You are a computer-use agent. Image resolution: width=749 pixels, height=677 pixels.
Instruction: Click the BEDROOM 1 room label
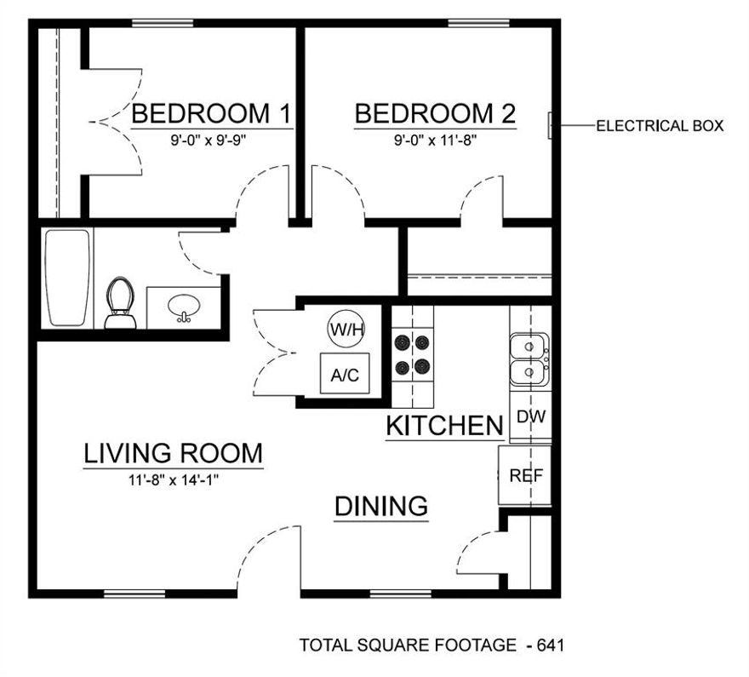click(x=212, y=113)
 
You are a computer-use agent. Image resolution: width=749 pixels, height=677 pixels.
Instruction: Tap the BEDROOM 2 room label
click(x=435, y=113)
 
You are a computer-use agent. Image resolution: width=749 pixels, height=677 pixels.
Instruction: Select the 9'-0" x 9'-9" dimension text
click(x=209, y=137)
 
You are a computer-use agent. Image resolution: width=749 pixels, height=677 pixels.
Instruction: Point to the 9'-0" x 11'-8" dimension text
click(x=435, y=137)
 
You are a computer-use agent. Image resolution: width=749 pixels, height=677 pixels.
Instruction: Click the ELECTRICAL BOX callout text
click(x=660, y=126)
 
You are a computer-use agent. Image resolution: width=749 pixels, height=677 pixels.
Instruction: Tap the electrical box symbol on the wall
click(x=551, y=126)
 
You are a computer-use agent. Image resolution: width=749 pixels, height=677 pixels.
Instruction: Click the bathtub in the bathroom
click(x=67, y=277)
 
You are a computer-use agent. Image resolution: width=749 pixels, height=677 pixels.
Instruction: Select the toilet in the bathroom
click(x=120, y=303)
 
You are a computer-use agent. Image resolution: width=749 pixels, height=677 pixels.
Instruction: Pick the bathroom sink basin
click(x=183, y=307)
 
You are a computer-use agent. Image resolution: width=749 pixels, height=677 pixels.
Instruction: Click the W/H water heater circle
click(x=345, y=328)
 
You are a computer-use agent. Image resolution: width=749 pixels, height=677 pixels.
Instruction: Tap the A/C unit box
click(x=345, y=374)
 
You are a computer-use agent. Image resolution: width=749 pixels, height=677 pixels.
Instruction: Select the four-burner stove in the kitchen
click(x=413, y=355)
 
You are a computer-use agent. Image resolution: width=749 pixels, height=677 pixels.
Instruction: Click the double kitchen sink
click(x=530, y=359)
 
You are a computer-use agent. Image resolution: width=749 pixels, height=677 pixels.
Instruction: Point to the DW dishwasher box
click(x=531, y=417)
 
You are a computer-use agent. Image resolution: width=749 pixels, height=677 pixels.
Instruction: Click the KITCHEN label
click(x=444, y=426)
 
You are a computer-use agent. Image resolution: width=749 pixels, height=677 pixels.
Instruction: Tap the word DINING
click(x=380, y=507)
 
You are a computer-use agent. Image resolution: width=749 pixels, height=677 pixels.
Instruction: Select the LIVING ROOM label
click(x=173, y=453)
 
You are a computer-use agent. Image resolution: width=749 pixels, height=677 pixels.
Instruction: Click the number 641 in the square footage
click(x=550, y=645)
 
